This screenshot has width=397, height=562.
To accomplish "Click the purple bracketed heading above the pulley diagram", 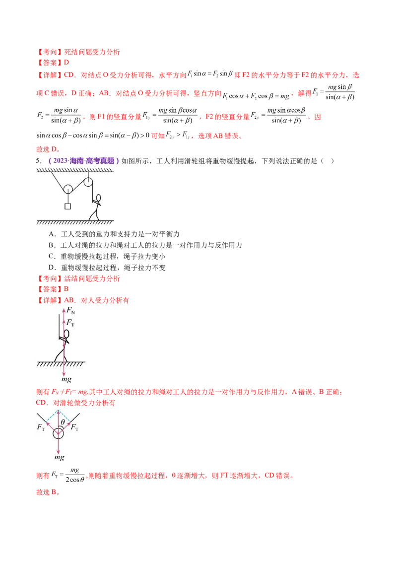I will pyautogui.click(x=83, y=161).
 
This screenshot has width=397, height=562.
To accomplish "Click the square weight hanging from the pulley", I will pyautogui.click(x=67, y=206).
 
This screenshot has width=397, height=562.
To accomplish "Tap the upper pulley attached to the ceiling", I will pyautogui.click(x=88, y=182).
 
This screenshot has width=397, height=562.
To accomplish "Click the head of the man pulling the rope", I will pyautogui.click(x=98, y=199).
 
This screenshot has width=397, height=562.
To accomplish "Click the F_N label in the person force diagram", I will pyautogui.click(x=70, y=311).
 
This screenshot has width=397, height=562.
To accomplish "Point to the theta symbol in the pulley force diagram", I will pyautogui.click(x=63, y=422).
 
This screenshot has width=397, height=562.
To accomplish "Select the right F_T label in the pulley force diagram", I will pyautogui.click(x=74, y=427).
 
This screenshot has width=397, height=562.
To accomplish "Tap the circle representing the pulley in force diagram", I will pyautogui.click(x=58, y=433).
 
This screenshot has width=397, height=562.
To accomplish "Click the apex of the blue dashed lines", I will pyautogui.click(x=58, y=411).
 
